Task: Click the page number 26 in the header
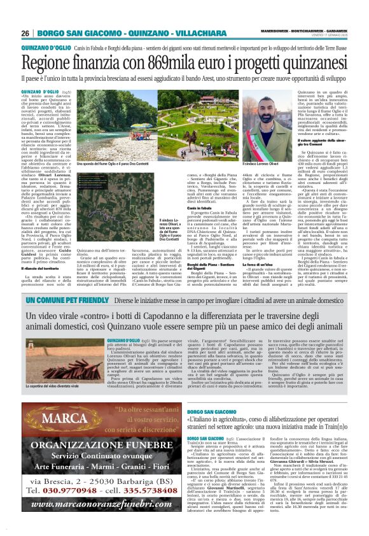(x=25, y=33)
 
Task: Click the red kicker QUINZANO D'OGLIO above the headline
(x=45, y=48)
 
